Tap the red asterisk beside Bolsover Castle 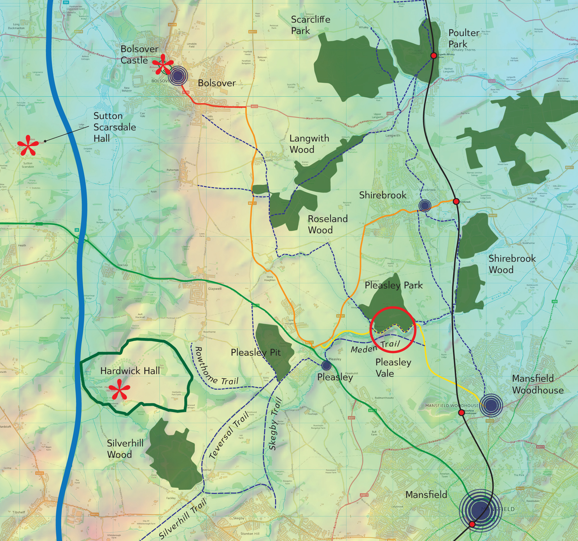pyautogui.click(x=163, y=64)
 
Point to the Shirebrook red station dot pyautogui.click(x=456, y=201)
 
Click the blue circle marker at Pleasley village pyautogui.click(x=326, y=365)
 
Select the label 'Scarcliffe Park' pyautogui.click(x=310, y=25)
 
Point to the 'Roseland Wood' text pyautogui.click(x=327, y=224)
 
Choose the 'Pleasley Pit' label pyautogui.click(x=256, y=352)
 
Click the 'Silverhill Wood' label pyautogui.click(x=125, y=449)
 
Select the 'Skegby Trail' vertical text pyautogui.click(x=275, y=424)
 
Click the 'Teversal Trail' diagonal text pyautogui.click(x=229, y=435)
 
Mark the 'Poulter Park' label pyautogui.click(x=463, y=38)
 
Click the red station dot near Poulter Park pyautogui.click(x=433, y=56)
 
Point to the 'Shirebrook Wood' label pyautogui.click(x=512, y=264)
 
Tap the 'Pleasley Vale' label pyautogui.click(x=393, y=367)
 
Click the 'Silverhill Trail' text pyautogui.click(x=183, y=518)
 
